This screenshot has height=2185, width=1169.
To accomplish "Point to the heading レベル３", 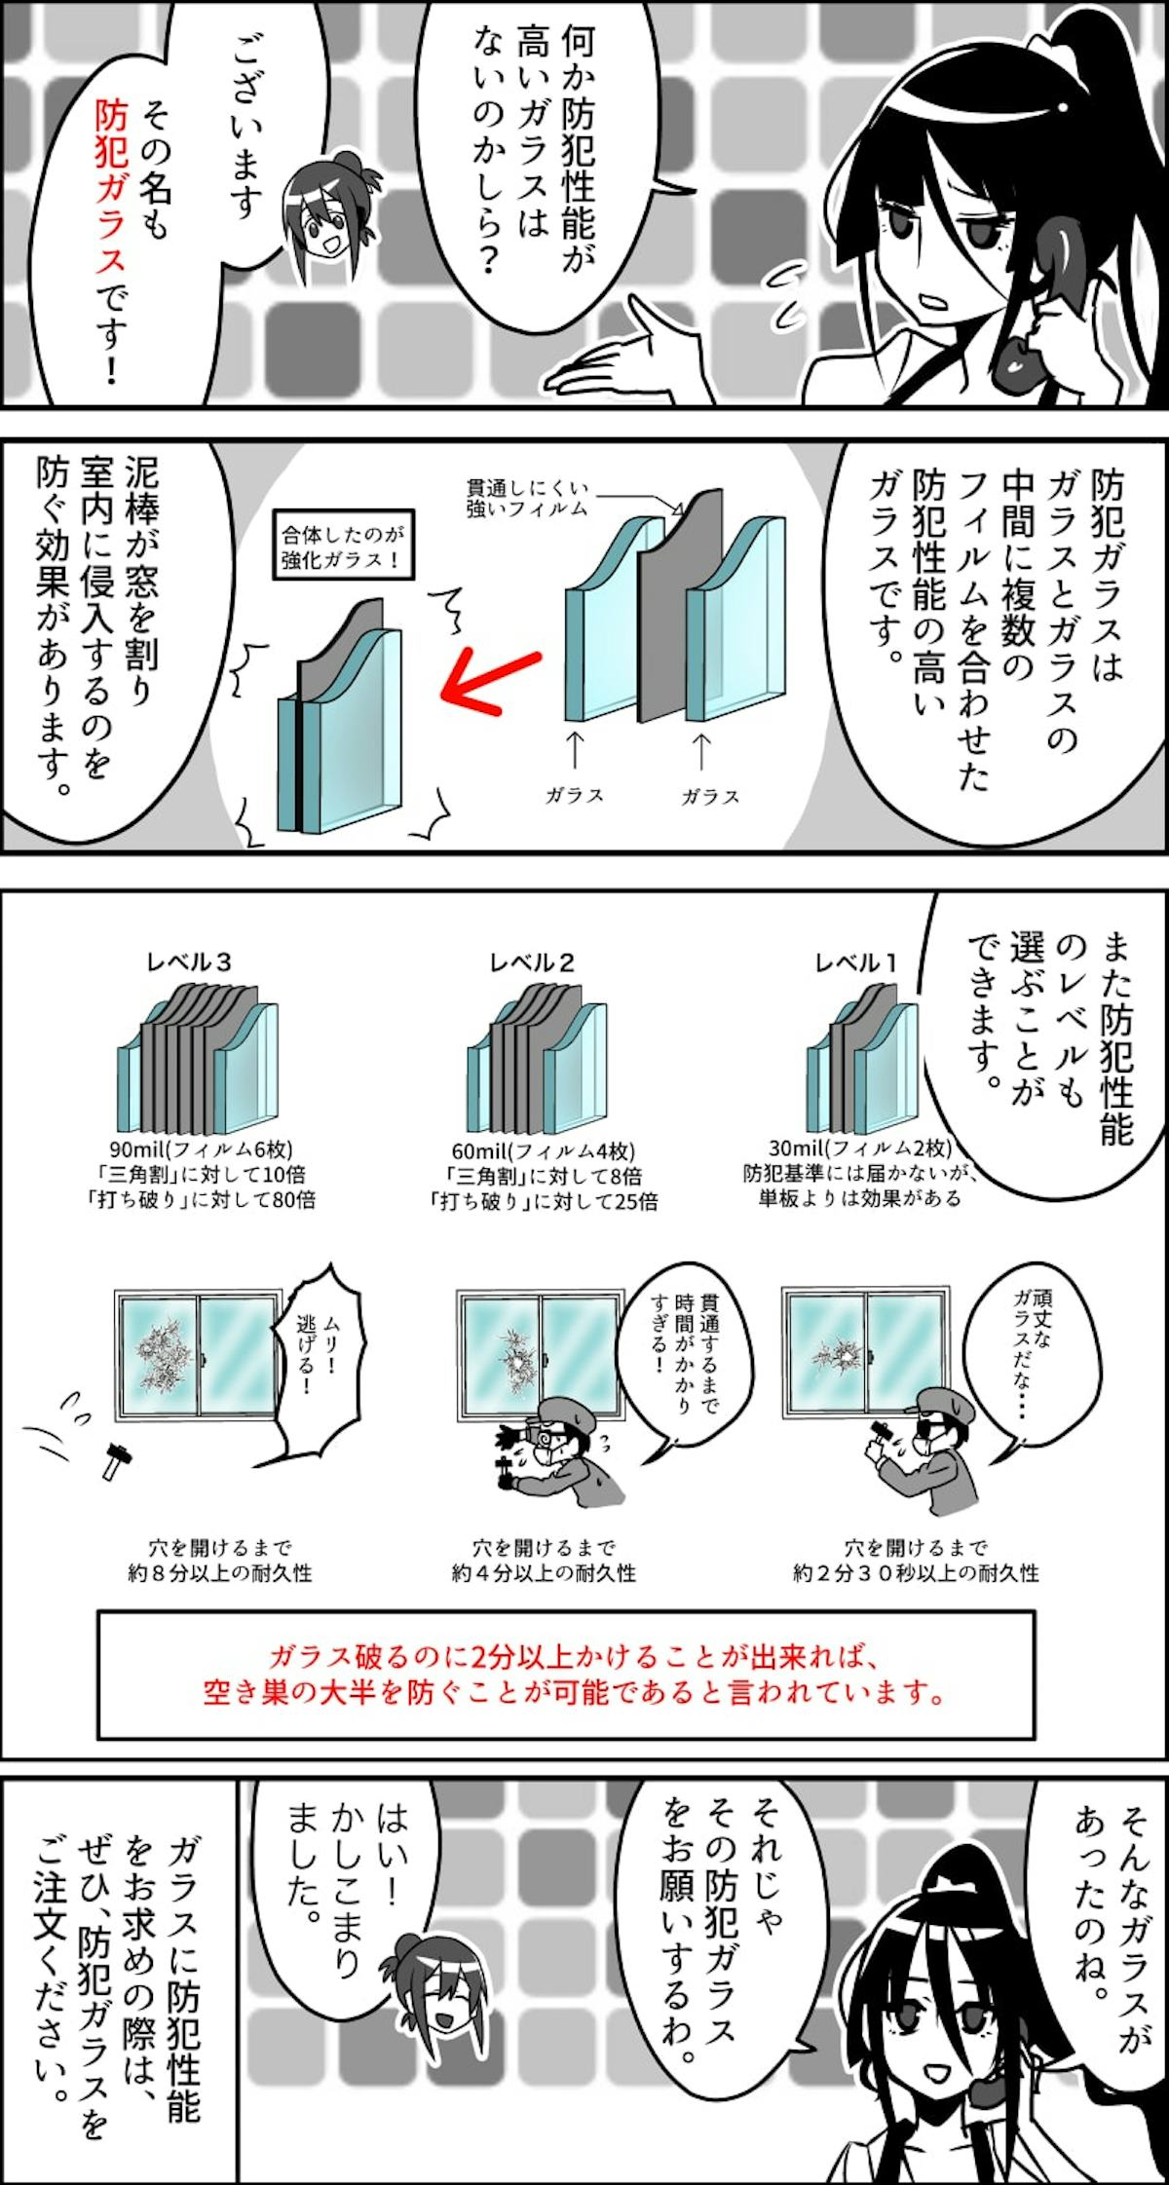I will pos(189,962).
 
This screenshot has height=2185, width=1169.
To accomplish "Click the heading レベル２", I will pos(532,962).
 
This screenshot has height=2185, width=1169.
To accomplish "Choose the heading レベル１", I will pos(856,962).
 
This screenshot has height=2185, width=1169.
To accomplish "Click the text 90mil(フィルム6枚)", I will pos(203,1147).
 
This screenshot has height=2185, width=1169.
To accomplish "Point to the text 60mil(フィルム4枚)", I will pos(544,1149).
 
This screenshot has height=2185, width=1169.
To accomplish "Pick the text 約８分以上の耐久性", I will pos(220,1572).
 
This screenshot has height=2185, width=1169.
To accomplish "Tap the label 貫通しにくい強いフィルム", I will pos(527,497).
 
